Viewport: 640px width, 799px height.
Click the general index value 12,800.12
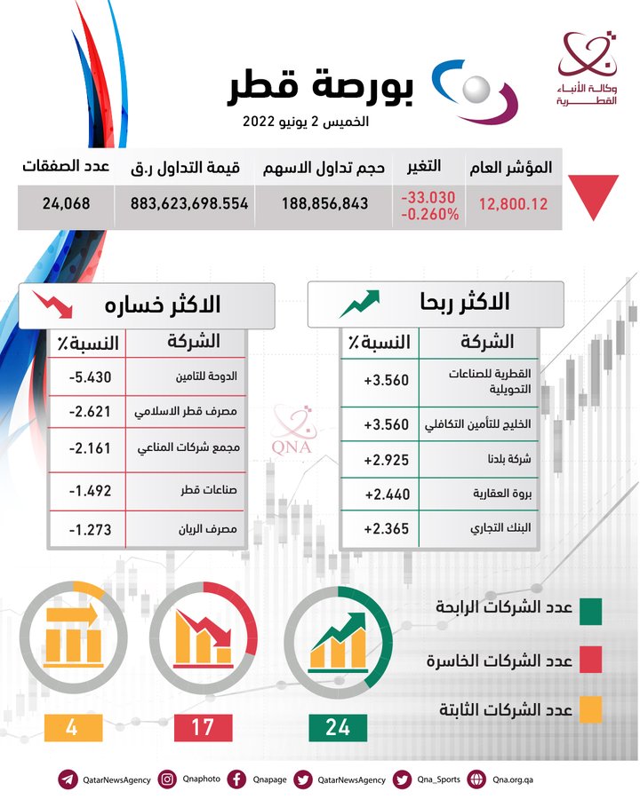click(x=513, y=203)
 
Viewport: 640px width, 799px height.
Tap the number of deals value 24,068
click(x=66, y=203)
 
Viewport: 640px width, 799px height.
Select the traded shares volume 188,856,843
click(x=324, y=203)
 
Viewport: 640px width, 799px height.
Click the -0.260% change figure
click(x=429, y=214)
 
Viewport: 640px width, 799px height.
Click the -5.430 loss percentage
click(x=90, y=376)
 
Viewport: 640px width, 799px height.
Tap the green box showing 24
click(x=338, y=727)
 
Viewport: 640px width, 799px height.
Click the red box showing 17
click(x=203, y=727)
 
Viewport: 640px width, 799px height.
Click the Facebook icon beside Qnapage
click(x=236, y=779)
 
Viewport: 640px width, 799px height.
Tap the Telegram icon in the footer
click(x=68, y=779)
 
